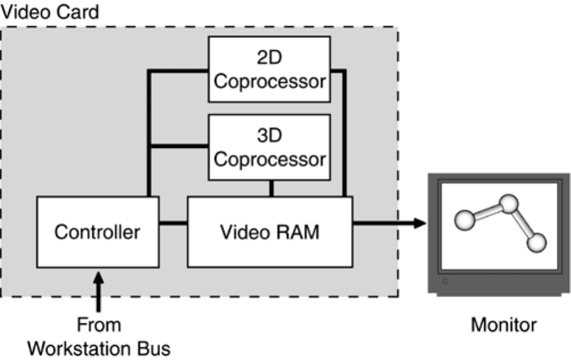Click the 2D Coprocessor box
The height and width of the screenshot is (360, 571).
(x=269, y=69)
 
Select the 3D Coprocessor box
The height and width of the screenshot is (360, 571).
(x=269, y=147)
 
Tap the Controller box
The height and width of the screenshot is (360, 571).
(x=98, y=232)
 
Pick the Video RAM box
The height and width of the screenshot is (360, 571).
(x=270, y=232)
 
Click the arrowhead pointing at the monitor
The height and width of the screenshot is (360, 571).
(x=420, y=223)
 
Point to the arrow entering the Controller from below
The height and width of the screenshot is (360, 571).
(x=98, y=292)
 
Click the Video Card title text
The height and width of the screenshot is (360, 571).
(x=50, y=11)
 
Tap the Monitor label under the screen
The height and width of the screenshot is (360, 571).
(x=504, y=325)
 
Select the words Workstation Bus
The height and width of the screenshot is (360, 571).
(x=99, y=349)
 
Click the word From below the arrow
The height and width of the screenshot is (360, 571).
(x=99, y=325)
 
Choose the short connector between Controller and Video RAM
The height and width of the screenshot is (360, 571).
(x=173, y=223)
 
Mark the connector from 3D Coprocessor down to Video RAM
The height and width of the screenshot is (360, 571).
(x=272, y=188)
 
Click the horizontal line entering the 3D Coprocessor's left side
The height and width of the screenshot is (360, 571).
(x=179, y=146)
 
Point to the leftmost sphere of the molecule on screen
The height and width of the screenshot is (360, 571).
(x=465, y=220)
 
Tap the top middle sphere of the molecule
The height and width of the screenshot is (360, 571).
(x=508, y=204)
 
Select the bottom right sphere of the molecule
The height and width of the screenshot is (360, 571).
(x=537, y=243)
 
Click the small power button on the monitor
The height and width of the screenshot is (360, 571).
(x=445, y=281)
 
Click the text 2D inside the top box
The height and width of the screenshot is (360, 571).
(x=269, y=57)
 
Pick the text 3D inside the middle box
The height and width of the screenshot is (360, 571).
(x=269, y=135)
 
